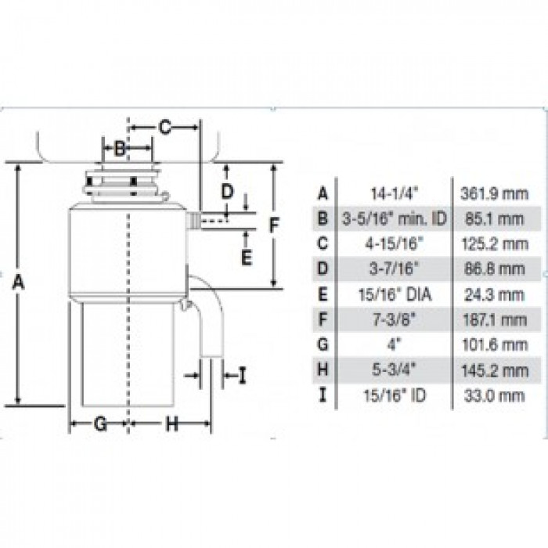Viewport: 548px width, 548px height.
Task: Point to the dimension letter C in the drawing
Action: click(164, 126)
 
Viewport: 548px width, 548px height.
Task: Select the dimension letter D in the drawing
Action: click(227, 190)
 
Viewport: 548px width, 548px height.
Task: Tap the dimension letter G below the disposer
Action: click(99, 424)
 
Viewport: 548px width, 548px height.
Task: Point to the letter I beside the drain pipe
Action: click(242, 377)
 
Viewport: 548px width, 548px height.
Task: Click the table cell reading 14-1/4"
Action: click(394, 192)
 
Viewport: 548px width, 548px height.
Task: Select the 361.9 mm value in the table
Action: click(492, 192)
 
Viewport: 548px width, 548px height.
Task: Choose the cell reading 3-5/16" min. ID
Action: click(394, 218)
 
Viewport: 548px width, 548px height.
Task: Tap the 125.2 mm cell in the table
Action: click(492, 243)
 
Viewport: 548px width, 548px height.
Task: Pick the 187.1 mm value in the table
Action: click(492, 319)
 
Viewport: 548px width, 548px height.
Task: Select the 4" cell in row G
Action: click(394, 344)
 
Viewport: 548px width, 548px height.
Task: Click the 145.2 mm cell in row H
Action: click(492, 370)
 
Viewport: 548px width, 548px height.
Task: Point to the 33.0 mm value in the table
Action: click(492, 395)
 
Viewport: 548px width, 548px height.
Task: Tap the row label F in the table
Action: click(323, 319)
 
